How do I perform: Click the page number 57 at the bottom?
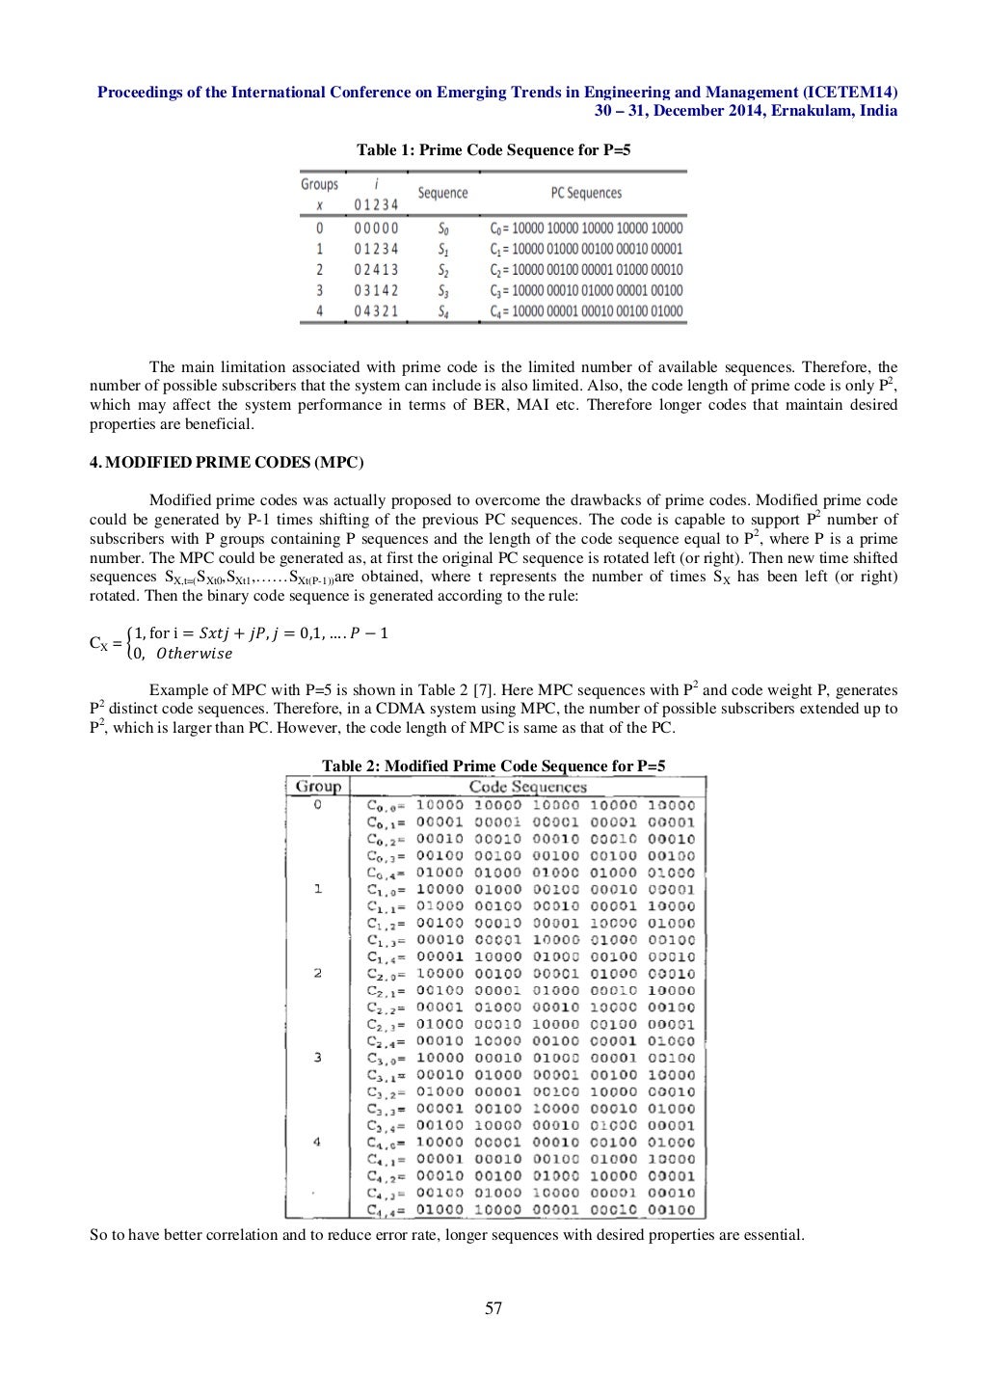[493, 1308]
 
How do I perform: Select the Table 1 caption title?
[493, 150]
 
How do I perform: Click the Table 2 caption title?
[493, 766]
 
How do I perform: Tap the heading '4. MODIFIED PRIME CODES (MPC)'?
[227, 462]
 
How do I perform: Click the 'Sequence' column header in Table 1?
[442, 193]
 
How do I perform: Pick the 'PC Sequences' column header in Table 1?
[586, 193]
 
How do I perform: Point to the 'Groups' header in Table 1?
[320, 184]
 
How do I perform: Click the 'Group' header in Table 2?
[318, 786]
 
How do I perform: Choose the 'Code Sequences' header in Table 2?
[527, 786]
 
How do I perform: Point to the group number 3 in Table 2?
[318, 1058]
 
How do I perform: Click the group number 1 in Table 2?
[318, 889]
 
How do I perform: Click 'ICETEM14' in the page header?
[851, 93]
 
